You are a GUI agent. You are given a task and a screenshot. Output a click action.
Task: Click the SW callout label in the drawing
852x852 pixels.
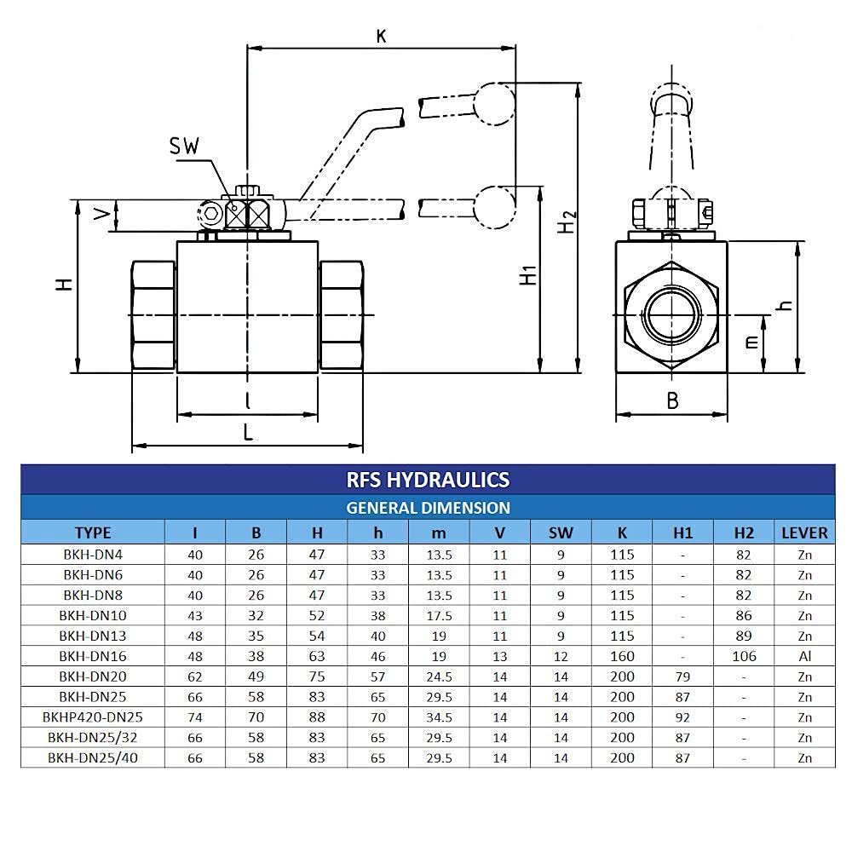[183, 146]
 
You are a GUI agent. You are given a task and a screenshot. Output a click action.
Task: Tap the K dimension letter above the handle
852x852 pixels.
[381, 36]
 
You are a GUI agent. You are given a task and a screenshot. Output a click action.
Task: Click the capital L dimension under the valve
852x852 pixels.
[248, 432]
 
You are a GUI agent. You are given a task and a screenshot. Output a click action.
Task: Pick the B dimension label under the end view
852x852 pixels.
[672, 400]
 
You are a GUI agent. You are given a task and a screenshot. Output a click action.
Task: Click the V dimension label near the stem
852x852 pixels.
[103, 216]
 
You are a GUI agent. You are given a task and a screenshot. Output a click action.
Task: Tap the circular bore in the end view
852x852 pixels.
[671, 314]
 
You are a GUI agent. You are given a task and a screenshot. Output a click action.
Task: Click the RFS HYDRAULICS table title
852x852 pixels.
[428, 480]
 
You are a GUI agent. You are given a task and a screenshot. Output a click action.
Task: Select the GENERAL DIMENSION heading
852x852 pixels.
[428, 508]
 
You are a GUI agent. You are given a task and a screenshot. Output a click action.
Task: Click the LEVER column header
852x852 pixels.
[804, 532]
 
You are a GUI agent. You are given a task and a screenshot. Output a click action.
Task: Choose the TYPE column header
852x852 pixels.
[93, 532]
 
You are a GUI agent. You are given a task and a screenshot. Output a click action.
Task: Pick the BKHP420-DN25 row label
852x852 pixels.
[93, 717]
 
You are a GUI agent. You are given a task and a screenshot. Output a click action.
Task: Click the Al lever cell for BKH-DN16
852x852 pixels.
[804, 656]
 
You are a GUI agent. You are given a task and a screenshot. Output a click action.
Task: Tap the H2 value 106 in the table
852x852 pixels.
[744, 656]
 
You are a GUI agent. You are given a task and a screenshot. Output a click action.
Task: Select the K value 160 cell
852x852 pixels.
[622, 656]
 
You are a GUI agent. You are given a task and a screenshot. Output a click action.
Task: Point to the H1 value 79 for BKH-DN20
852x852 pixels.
[682, 676]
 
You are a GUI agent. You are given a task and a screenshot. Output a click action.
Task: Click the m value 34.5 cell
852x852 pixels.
[439, 717]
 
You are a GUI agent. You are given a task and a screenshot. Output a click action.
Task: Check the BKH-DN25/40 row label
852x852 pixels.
[93, 758]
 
